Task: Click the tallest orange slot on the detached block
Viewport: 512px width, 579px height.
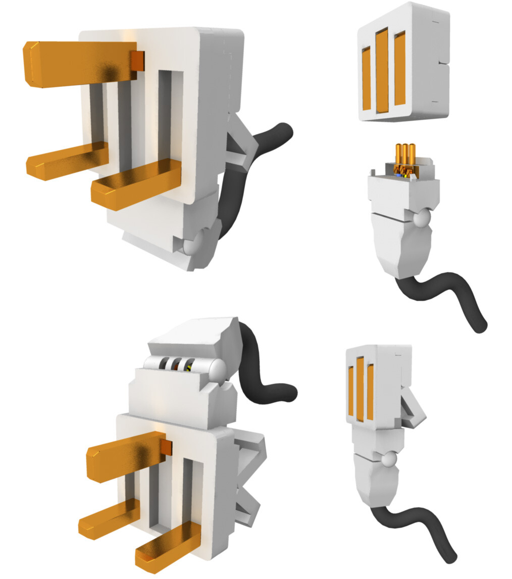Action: click(x=382, y=70)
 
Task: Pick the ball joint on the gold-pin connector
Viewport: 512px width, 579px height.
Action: click(x=421, y=219)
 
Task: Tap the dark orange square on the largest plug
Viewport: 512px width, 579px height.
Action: click(x=138, y=61)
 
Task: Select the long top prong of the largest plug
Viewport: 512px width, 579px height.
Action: click(x=76, y=63)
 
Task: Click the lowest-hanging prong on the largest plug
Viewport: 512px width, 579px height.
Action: click(x=136, y=184)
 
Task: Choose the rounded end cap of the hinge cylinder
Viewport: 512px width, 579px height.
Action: click(x=218, y=370)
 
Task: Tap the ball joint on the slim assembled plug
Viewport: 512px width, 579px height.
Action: click(x=388, y=460)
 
